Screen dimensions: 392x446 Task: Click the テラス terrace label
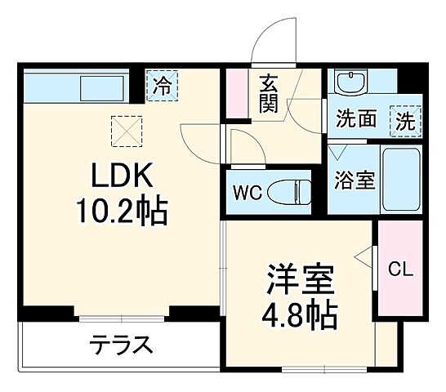[121, 345]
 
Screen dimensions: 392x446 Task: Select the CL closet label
[399, 269]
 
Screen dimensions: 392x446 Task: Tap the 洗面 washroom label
[356, 121]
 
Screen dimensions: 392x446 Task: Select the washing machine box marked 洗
[405, 121]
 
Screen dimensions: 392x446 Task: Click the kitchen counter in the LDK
[74, 86]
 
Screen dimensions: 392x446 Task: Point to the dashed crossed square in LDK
[126, 129]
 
